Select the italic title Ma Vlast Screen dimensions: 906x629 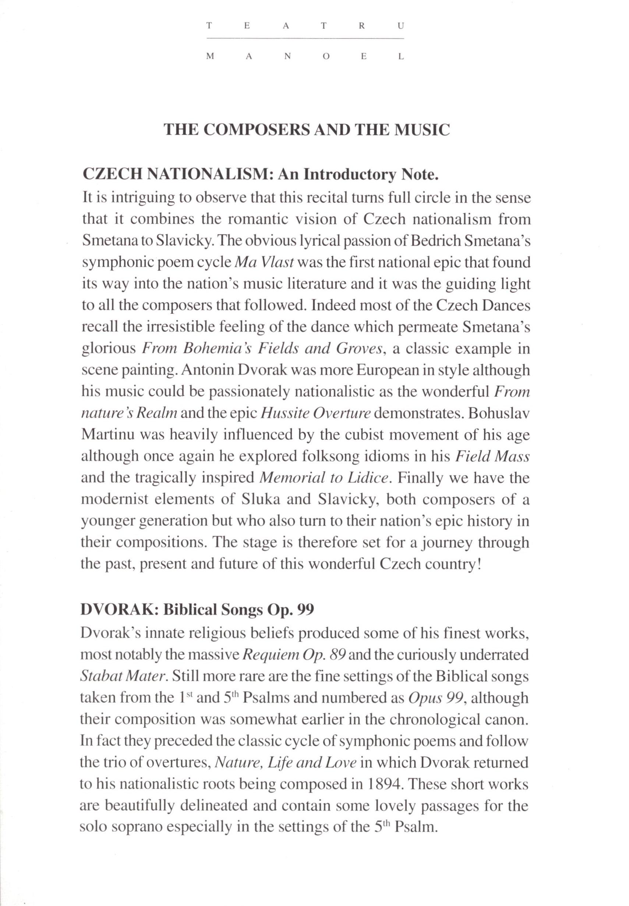click(x=264, y=263)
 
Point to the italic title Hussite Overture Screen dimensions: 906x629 click(x=316, y=413)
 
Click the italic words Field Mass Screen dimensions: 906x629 click(x=492, y=456)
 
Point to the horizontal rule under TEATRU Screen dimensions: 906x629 click(x=305, y=39)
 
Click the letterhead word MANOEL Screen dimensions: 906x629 click(x=305, y=57)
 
